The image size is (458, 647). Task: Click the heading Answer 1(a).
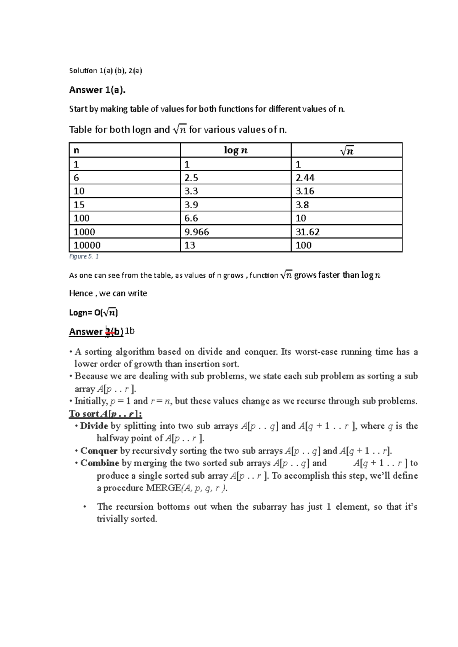(x=97, y=90)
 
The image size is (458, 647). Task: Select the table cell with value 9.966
(x=197, y=232)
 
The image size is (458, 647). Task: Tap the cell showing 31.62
(x=308, y=232)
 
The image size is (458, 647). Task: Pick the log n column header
(x=235, y=150)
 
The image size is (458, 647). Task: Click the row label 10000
(x=87, y=245)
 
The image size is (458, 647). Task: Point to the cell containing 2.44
(x=305, y=177)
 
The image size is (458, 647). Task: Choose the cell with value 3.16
(x=305, y=191)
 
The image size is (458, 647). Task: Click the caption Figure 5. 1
(x=84, y=256)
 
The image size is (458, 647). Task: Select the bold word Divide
(x=94, y=426)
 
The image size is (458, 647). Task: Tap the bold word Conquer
(x=99, y=451)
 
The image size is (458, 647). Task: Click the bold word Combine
(x=100, y=463)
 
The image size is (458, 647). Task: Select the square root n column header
(x=346, y=151)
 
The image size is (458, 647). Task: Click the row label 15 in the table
(x=79, y=205)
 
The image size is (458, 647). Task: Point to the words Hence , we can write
(x=108, y=293)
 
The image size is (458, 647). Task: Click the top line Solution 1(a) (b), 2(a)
(x=105, y=71)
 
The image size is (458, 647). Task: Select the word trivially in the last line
(x=113, y=519)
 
